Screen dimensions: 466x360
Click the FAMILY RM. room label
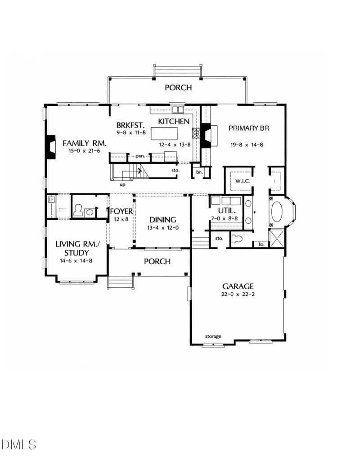pos(84,143)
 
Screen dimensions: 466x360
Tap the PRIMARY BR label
pos(248,128)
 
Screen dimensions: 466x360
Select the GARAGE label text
pos(238,286)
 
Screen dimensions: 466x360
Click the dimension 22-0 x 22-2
pos(238,296)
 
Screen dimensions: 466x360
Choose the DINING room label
pos(163,220)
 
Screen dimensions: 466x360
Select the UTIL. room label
pos(225,211)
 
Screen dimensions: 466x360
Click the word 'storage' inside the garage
pos(213,336)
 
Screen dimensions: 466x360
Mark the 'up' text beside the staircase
pos(122,184)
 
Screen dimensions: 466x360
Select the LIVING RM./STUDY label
pos(76,248)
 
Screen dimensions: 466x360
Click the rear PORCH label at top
pos(178,87)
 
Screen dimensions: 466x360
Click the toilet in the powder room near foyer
pos(78,211)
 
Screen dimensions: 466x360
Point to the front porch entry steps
pos(120,282)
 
